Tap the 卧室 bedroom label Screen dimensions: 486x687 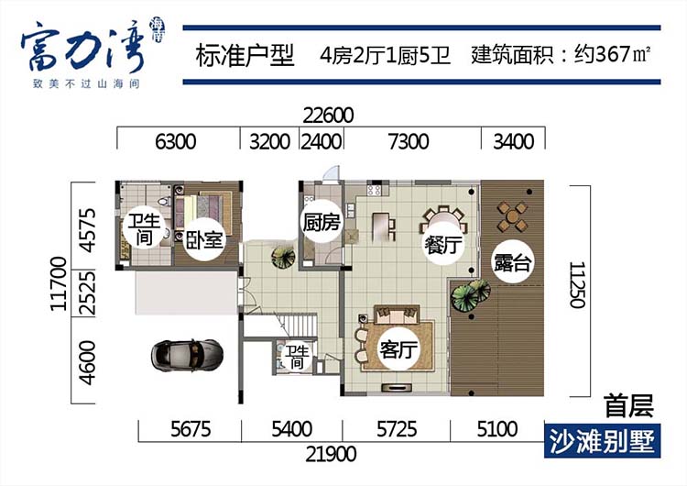205,240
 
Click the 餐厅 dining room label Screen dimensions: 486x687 442,245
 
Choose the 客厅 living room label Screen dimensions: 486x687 398,350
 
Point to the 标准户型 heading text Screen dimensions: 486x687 245,56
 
